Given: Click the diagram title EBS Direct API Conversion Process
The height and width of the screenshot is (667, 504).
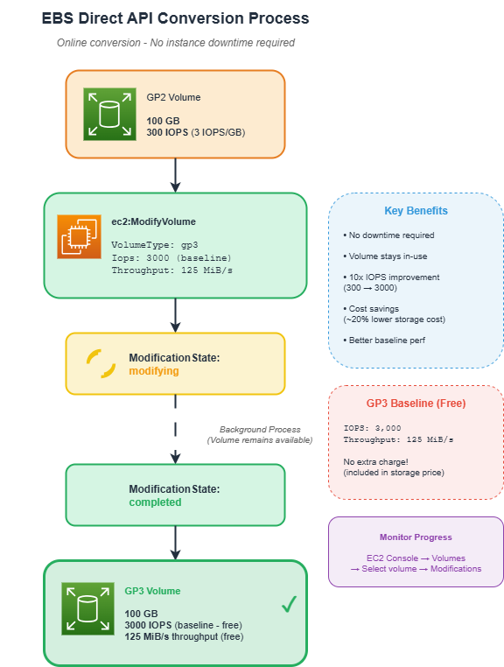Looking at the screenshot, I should (175, 18).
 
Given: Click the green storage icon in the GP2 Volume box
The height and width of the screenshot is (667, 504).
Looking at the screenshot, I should (109, 114).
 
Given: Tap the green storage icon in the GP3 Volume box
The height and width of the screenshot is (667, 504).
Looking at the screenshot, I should (87, 608).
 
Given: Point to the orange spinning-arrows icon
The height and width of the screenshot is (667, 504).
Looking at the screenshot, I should (101, 363).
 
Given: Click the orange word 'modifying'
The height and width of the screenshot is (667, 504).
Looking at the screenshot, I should (153, 371).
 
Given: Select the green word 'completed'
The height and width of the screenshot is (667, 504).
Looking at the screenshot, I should (155, 502).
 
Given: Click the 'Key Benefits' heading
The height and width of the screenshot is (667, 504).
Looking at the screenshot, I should (416, 211).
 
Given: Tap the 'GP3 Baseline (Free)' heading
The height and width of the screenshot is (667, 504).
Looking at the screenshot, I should (416, 404).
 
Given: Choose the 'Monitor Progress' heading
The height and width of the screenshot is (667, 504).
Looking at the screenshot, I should (416, 537).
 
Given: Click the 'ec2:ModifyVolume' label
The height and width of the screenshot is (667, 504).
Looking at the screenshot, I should (153, 221).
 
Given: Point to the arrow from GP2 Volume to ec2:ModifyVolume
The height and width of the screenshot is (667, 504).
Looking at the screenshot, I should (176, 175).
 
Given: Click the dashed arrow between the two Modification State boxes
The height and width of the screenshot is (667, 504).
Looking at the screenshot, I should (176, 429).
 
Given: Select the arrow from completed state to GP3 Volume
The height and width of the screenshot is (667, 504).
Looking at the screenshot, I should (176, 543).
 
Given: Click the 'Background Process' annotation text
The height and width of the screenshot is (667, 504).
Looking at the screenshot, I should (260, 430).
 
